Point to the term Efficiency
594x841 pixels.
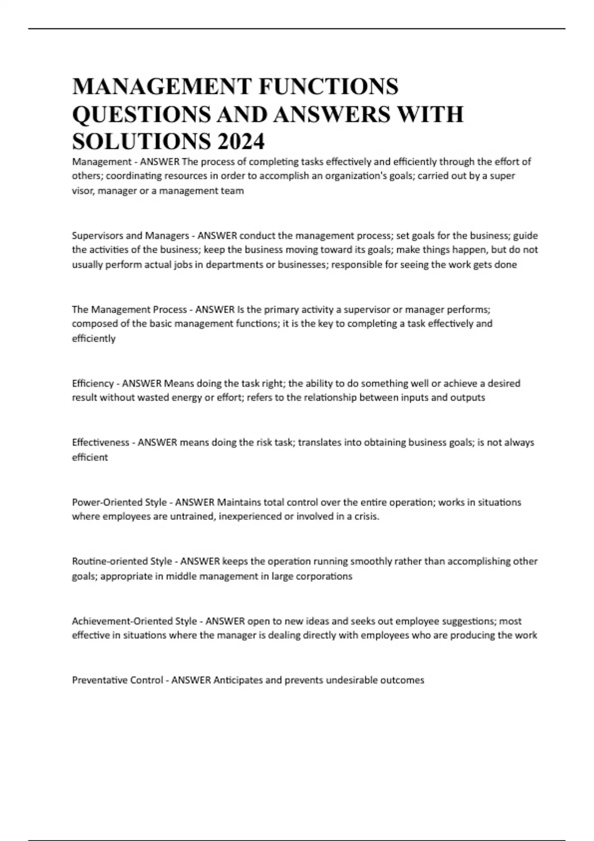click(93, 383)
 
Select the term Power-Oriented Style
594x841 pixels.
click(119, 502)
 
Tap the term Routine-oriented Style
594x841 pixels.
click(122, 561)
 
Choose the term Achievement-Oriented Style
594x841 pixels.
click(134, 621)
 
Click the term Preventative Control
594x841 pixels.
click(117, 680)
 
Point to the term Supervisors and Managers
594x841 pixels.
click(130, 235)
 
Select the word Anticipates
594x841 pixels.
click(238, 680)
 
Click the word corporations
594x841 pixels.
click(323, 576)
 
